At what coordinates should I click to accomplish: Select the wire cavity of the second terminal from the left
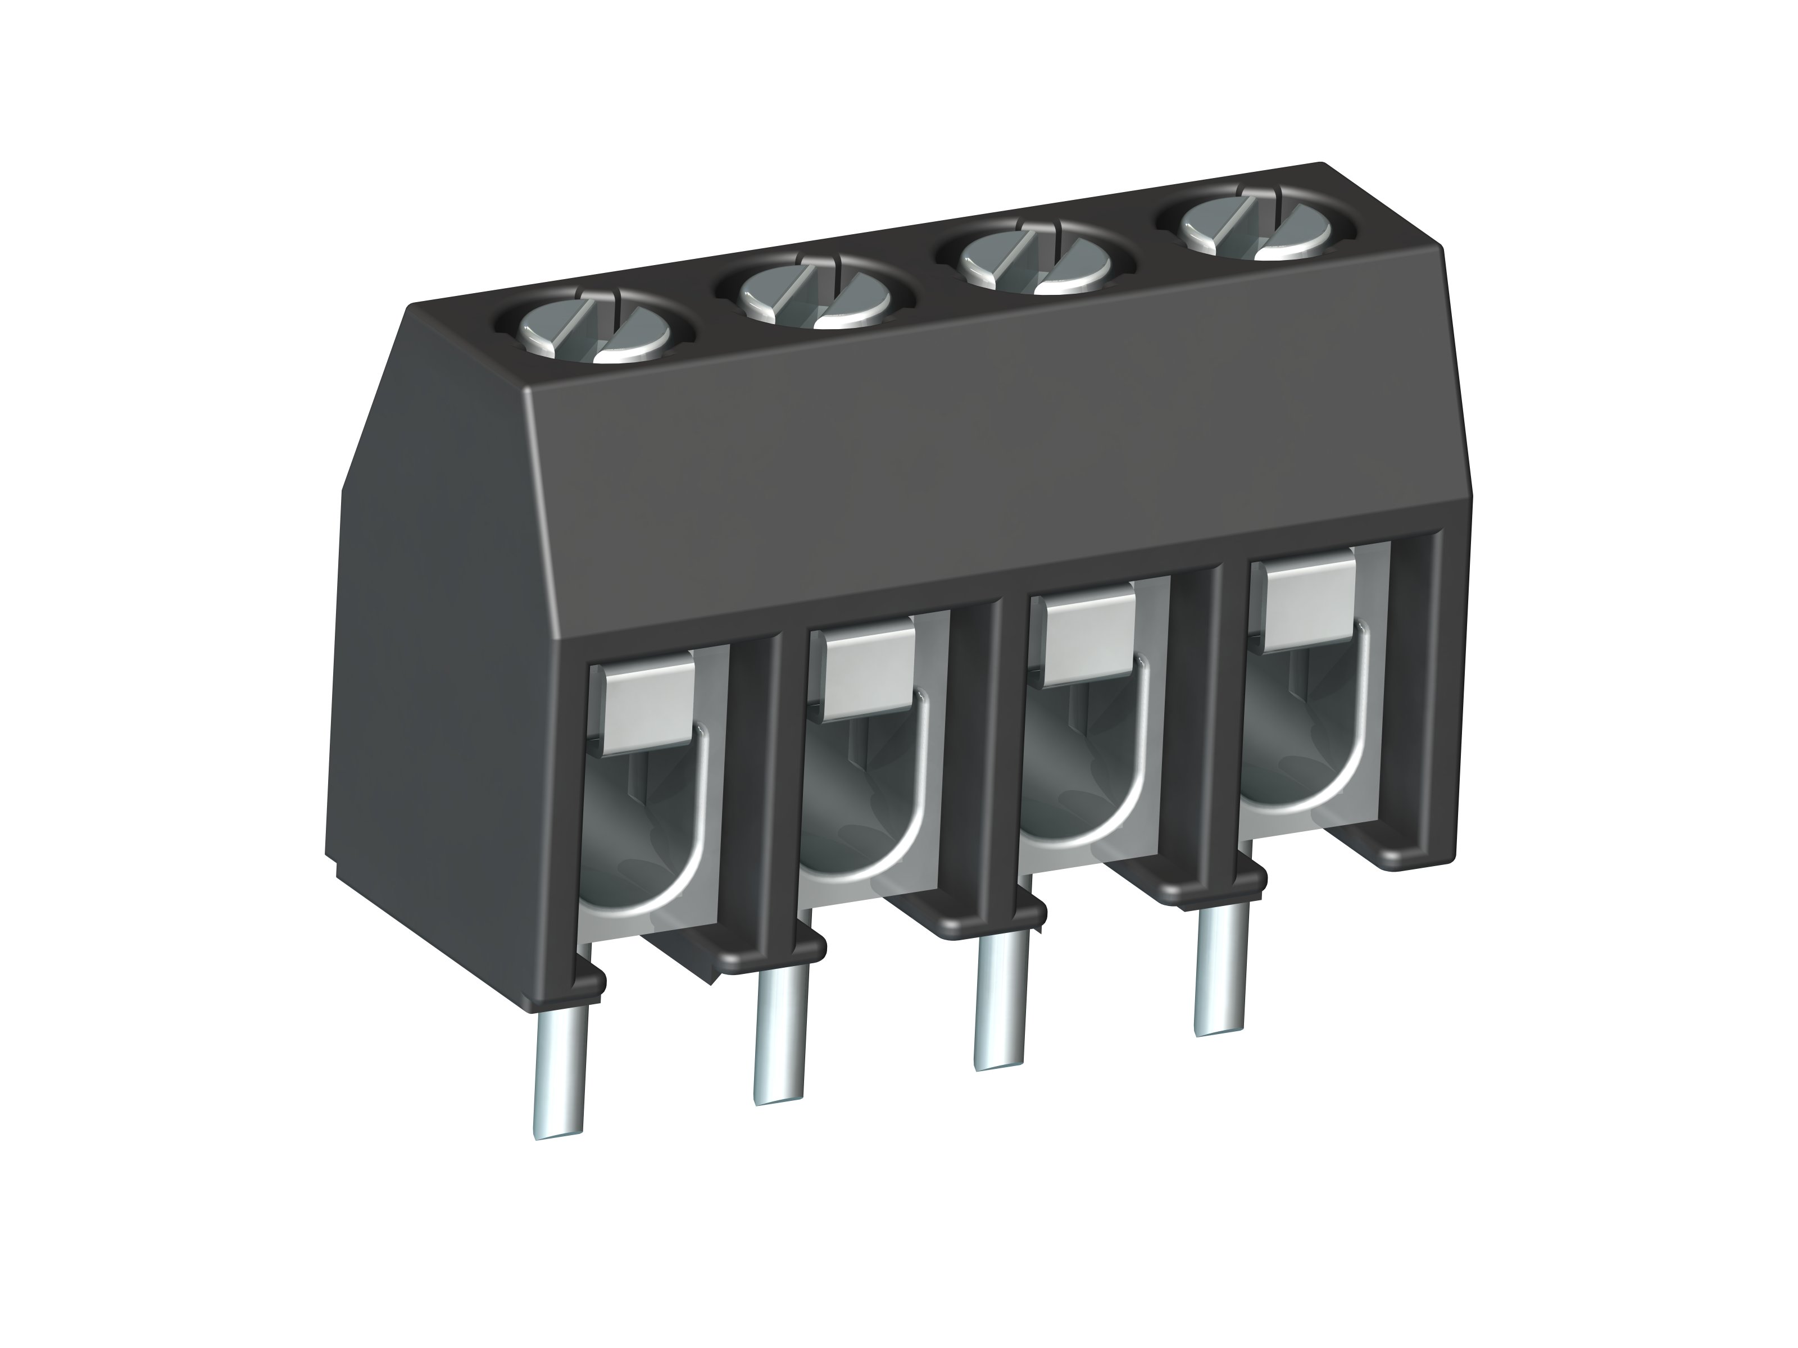coord(853,784)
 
